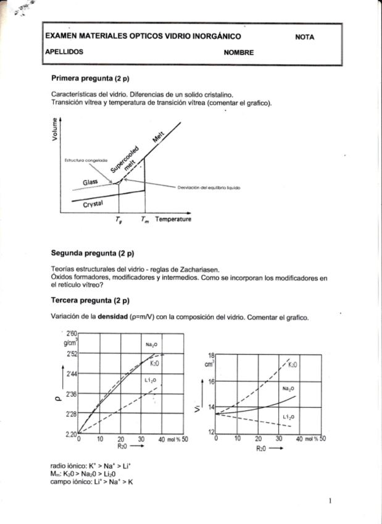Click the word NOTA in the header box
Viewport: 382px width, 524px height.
click(305, 37)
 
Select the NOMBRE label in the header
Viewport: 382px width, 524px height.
click(239, 53)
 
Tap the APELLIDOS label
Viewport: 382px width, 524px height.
click(65, 53)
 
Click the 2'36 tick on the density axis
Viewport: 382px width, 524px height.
click(71, 394)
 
